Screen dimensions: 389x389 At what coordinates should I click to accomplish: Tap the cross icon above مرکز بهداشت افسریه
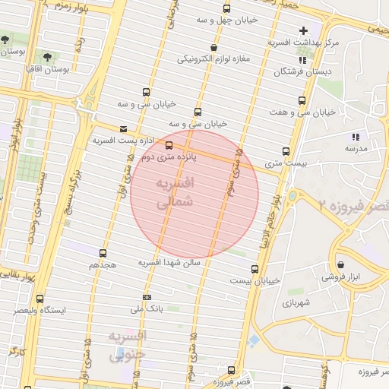pos(303,30)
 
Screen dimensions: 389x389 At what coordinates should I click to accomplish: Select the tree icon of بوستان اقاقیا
pos(47,58)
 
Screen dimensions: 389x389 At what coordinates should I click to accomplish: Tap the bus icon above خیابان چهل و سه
pos(226,9)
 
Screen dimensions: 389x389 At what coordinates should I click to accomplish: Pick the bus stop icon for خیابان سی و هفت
pos(303,100)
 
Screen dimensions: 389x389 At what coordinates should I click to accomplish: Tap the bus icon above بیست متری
pos(286,151)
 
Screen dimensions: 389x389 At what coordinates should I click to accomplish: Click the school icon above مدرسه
pos(355,137)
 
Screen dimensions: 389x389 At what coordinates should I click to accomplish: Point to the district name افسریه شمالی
pos(174,194)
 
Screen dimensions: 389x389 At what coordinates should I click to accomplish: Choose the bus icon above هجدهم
pos(103,253)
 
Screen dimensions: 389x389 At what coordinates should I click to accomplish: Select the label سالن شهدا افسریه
pos(169,262)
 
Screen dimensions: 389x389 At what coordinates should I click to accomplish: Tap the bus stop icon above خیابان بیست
pos(255,268)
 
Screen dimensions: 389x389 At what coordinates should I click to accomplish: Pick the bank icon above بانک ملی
pos(147,297)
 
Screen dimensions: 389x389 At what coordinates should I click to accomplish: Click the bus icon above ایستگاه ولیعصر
pos(40,299)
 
